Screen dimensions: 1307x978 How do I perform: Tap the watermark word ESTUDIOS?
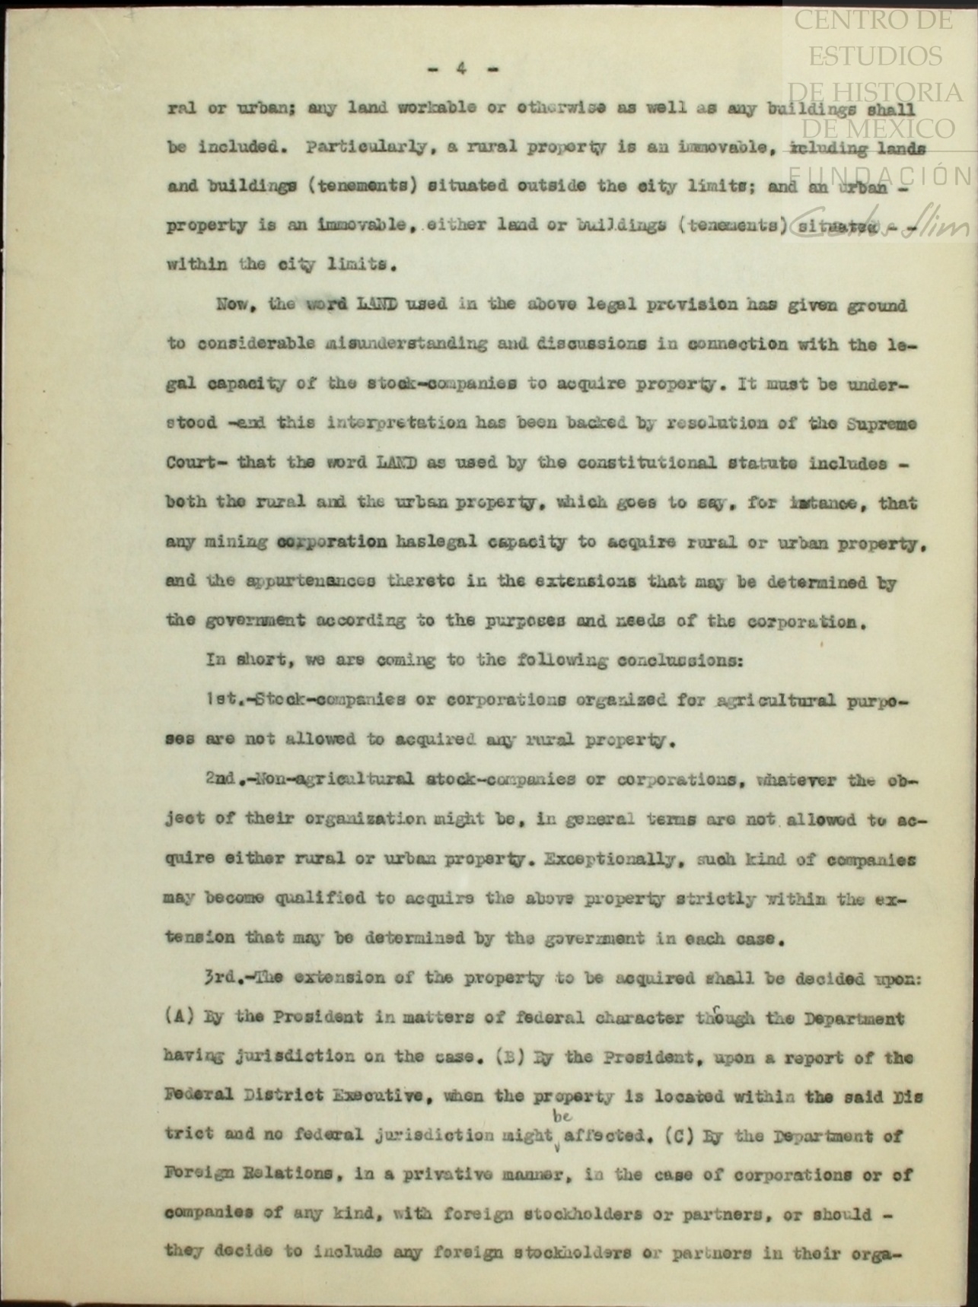pyautogui.click(x=874, y=56)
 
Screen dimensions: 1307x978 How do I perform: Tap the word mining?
pyautogui.click(x=236, y=543)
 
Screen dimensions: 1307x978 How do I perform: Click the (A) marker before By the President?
pyautogui.click(x=176, y=1017)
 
